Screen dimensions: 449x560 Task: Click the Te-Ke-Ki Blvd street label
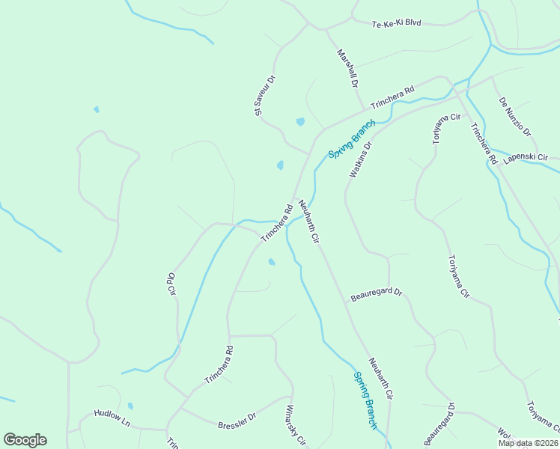397,23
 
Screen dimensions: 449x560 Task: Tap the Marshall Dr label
347,69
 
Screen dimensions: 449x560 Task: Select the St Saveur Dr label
265,95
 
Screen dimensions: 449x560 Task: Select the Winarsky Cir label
293,427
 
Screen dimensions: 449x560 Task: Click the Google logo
25,440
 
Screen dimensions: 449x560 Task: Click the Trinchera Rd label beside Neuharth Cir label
276,223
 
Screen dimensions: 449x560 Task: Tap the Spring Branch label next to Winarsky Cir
365,401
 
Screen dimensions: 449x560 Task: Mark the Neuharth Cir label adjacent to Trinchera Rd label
309,222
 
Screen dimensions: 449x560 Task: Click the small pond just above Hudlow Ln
130,406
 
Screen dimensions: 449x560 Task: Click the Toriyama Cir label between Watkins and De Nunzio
447,117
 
